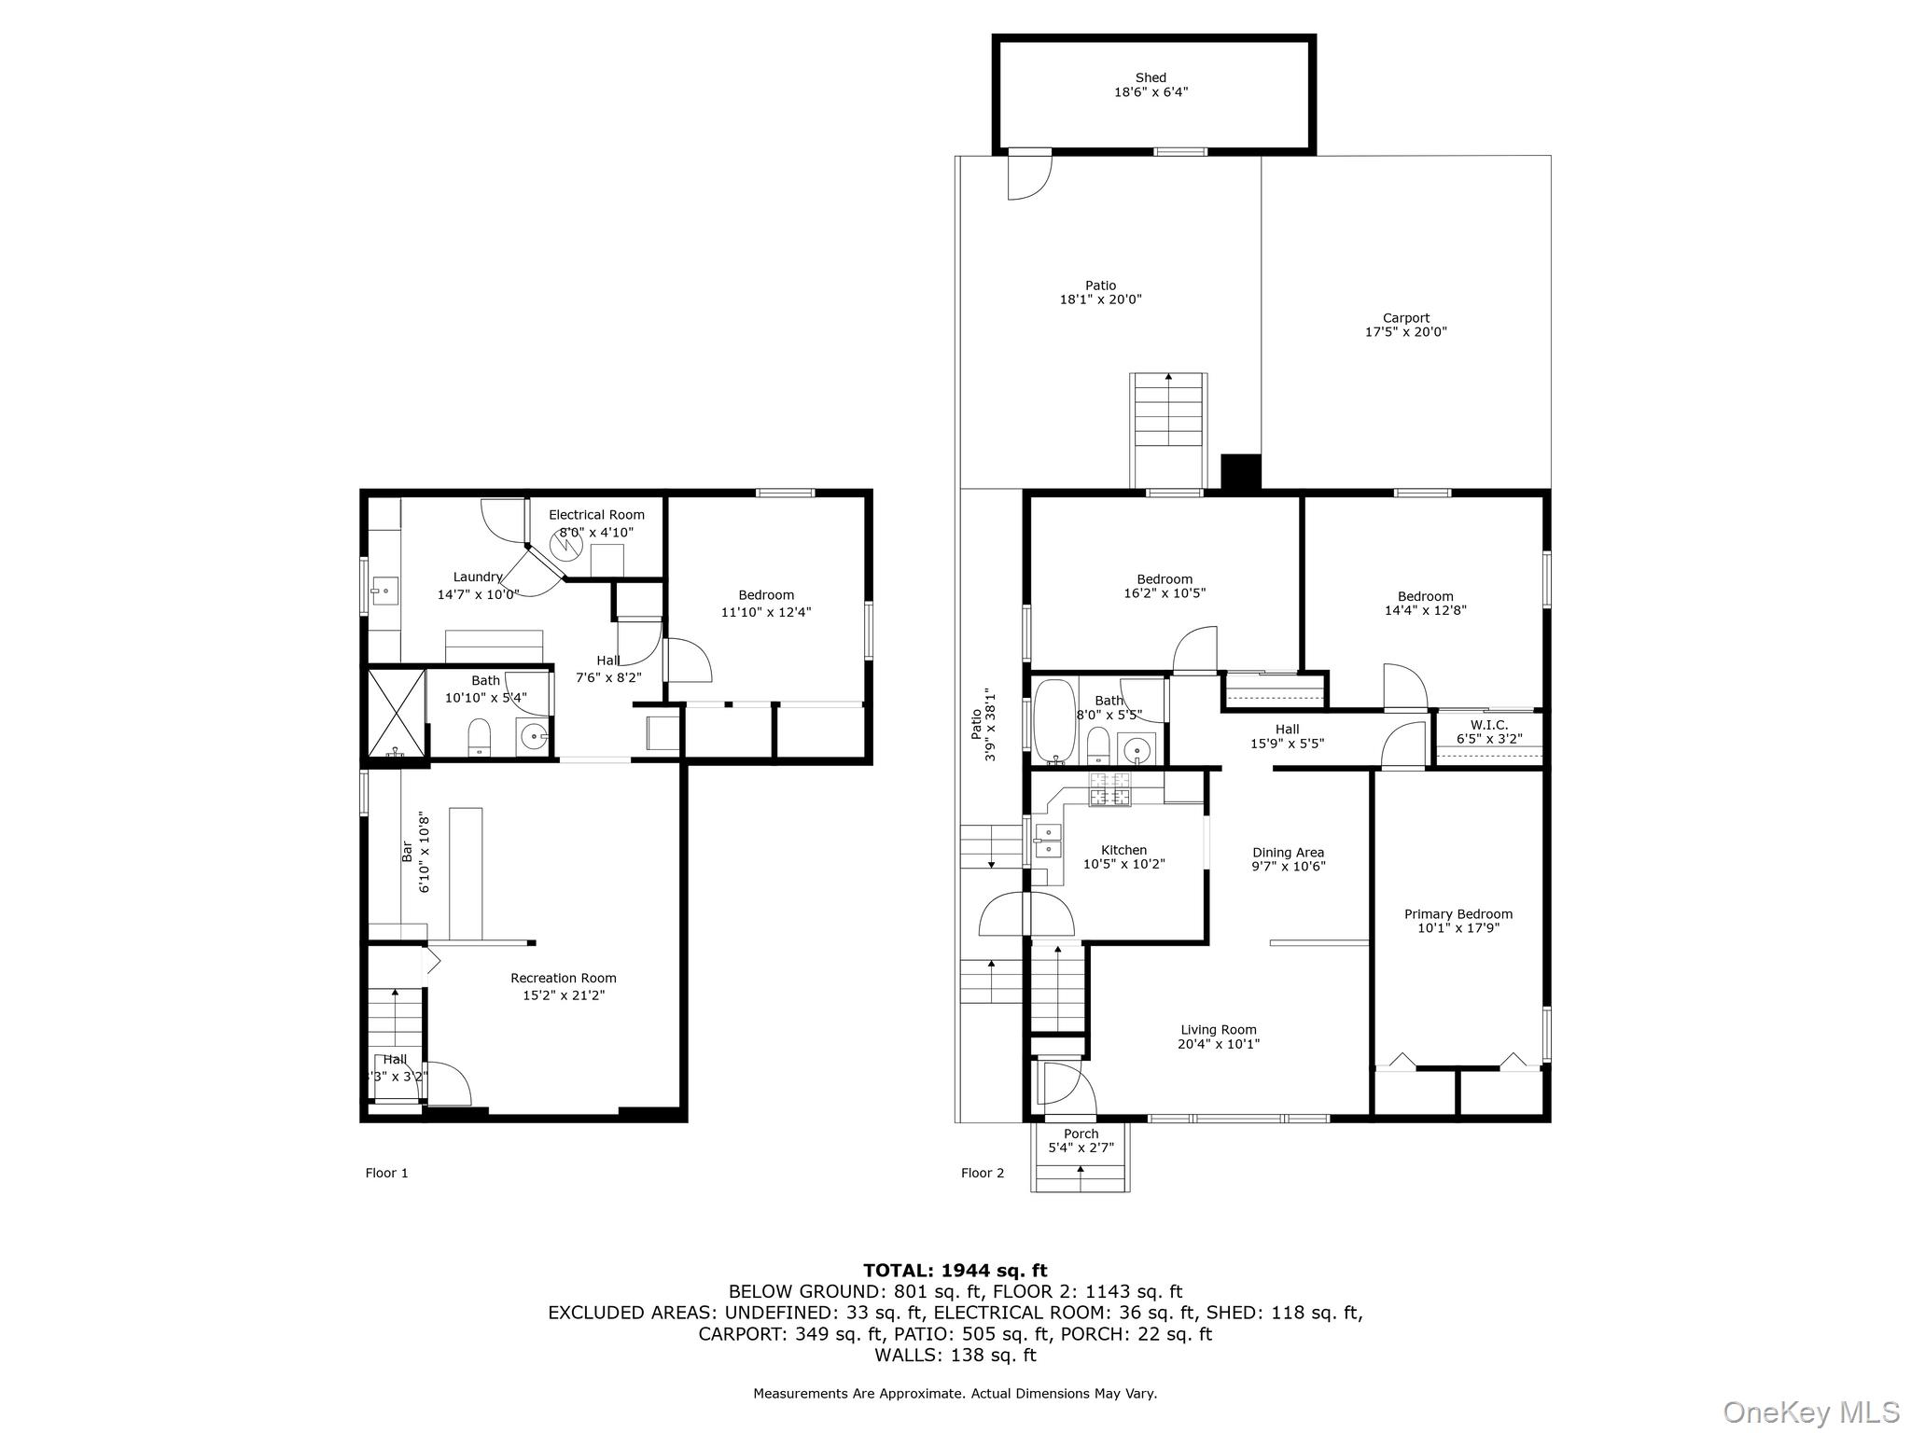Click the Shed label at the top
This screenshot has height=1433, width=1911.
(x=1151, y=78)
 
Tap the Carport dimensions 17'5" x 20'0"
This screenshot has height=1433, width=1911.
(x=1405, y=332)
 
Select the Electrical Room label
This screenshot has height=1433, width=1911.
(x=596, y=515)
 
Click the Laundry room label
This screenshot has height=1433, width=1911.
(x=478, y=577)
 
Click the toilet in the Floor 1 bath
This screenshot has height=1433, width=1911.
(x=479, y=737)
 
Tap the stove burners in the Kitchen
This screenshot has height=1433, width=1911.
(x=1110, y=789)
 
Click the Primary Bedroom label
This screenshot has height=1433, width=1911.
(x=1458, y=914)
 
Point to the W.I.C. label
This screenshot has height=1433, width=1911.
(x=1488, y=725)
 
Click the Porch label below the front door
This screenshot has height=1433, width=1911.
(x=1081, y=1134)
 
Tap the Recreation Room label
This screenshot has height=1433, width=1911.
(x=563, y=979)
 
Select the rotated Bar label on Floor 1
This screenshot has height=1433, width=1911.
(x=407, y=851)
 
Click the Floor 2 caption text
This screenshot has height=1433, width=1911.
(x=983, y=1173)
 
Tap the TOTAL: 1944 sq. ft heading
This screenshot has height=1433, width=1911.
(x=955, y=1270)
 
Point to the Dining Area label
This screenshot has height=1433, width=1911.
(x=1288, y=853)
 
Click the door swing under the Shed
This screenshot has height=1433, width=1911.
(x=1030, y=177)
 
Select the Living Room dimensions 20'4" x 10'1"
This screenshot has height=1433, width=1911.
(x=1218, y=1044)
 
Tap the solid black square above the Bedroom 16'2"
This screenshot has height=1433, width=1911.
(x=1241, y=471)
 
